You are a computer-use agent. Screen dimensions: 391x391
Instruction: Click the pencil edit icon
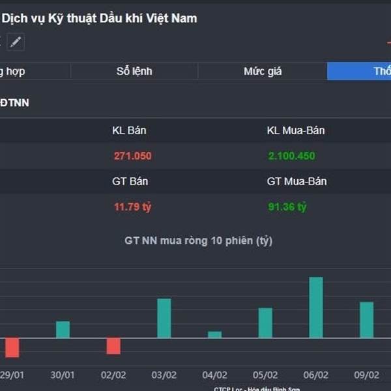[16, 42]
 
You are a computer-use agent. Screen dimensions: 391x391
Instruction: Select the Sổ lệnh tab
[134, 71]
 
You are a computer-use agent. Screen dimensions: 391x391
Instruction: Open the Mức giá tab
[263, 71]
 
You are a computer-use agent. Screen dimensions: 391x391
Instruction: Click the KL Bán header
[129, 130]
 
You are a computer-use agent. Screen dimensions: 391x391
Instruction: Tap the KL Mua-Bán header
[296, 130]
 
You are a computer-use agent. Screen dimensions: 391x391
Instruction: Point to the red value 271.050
[132, 156]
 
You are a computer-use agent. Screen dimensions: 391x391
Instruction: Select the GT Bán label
[129, 181]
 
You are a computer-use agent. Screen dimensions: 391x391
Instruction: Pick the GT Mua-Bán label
[297, 181]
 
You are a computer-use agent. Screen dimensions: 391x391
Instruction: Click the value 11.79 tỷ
[132, 207]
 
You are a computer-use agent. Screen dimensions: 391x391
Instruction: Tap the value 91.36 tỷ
[287, 207]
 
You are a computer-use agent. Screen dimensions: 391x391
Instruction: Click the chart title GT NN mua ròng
[198, 240]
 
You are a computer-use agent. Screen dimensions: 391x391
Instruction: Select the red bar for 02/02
[113, 346]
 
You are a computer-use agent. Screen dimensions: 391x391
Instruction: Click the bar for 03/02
[164, 318]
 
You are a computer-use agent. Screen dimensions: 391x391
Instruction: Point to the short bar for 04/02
[214, 334]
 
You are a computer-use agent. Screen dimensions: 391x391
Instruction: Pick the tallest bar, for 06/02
[316, 307]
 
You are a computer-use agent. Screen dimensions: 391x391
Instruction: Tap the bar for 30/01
[63, 329]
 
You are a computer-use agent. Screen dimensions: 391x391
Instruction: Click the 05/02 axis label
[265, 375]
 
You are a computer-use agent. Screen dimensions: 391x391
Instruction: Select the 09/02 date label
[366, 375]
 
